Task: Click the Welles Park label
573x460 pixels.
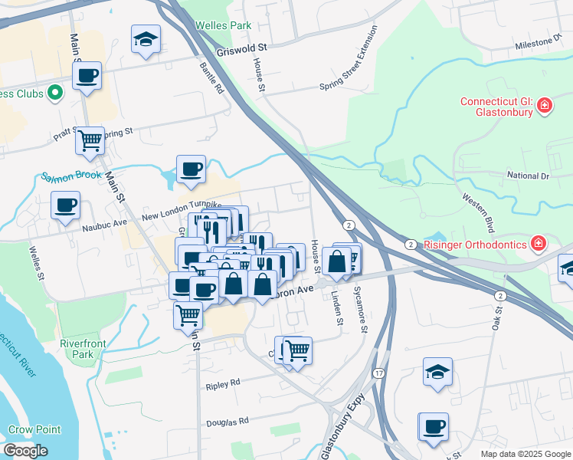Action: tap(224, 25)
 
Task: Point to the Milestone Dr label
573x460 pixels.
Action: tap(539, 43)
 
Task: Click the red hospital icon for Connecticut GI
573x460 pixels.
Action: tap(545, 105)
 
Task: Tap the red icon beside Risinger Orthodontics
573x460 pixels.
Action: tap(539, 244)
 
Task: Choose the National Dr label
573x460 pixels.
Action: tap(529, 176)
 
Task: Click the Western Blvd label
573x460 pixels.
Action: tap(478, 214)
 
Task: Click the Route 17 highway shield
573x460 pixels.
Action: tap(378, 373)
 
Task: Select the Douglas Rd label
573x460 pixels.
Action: tap(228, 422)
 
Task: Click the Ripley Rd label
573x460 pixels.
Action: tap(223, 382)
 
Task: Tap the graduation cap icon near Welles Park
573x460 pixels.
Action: tap(145, 40)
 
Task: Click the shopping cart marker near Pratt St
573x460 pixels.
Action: tap(90, 140)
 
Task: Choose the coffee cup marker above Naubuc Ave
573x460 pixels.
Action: tap(66, 205)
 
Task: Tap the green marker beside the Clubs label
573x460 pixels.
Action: tap(54, 94)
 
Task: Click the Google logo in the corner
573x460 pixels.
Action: tap(25, 451)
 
